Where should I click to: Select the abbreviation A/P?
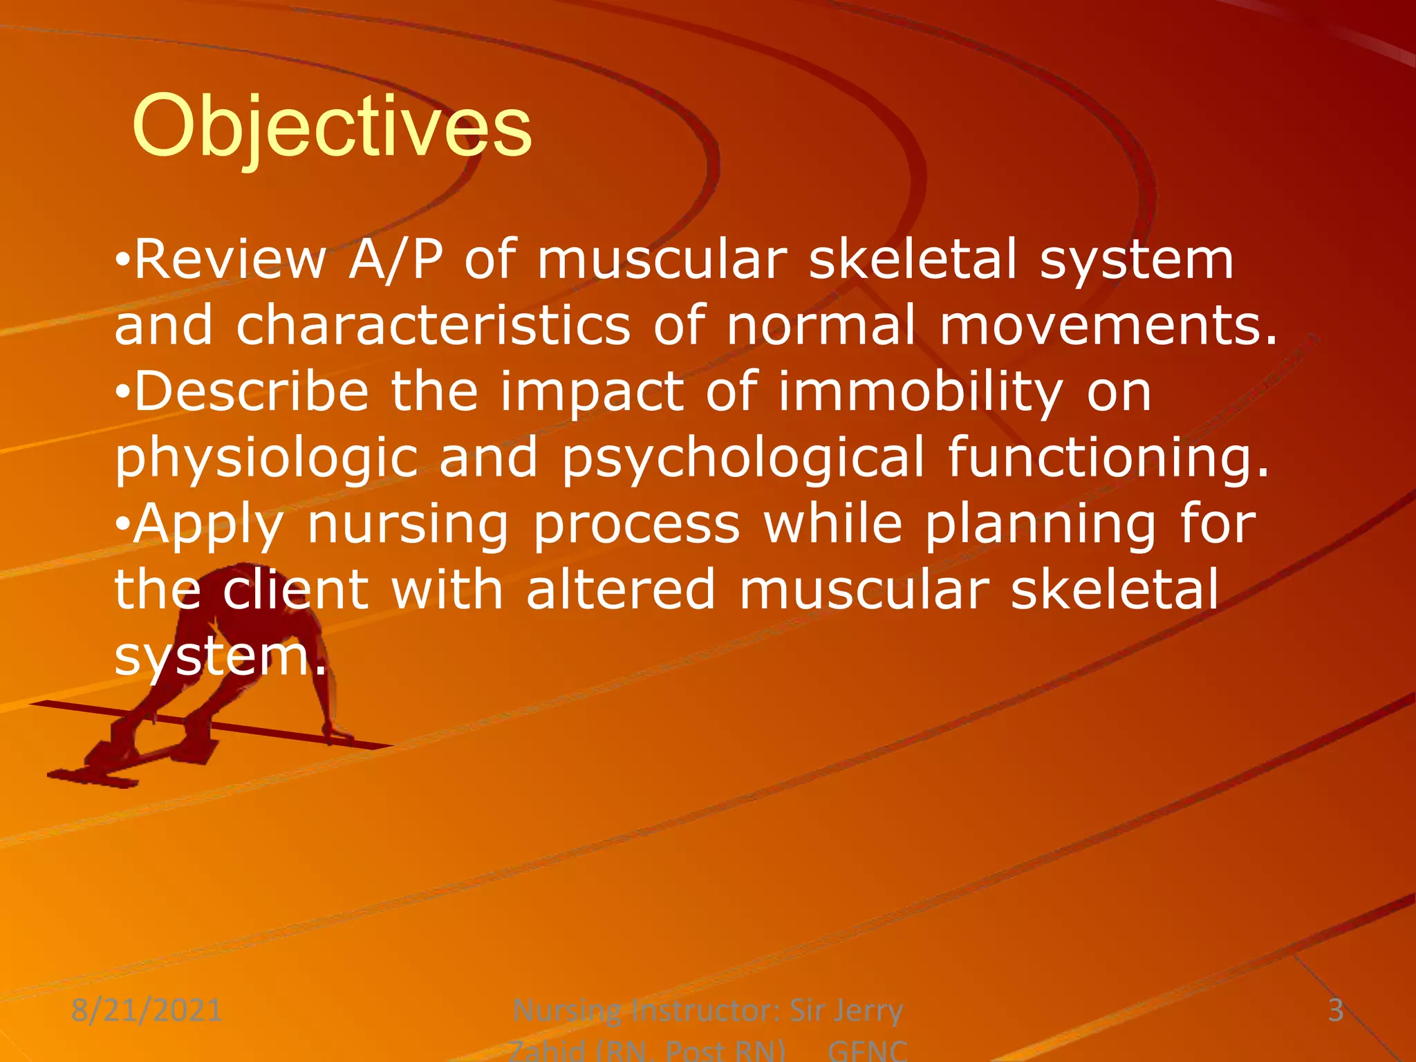click(395, 259)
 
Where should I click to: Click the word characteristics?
click(434, 326)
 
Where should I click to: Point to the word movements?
click(1106, 326)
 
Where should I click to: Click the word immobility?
click(920, 392)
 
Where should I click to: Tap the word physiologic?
click(266, 458)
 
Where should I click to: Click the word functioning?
click(1108, 458)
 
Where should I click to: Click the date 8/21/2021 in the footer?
click(147, 1011)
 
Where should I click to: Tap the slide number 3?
click(1336, 1011)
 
